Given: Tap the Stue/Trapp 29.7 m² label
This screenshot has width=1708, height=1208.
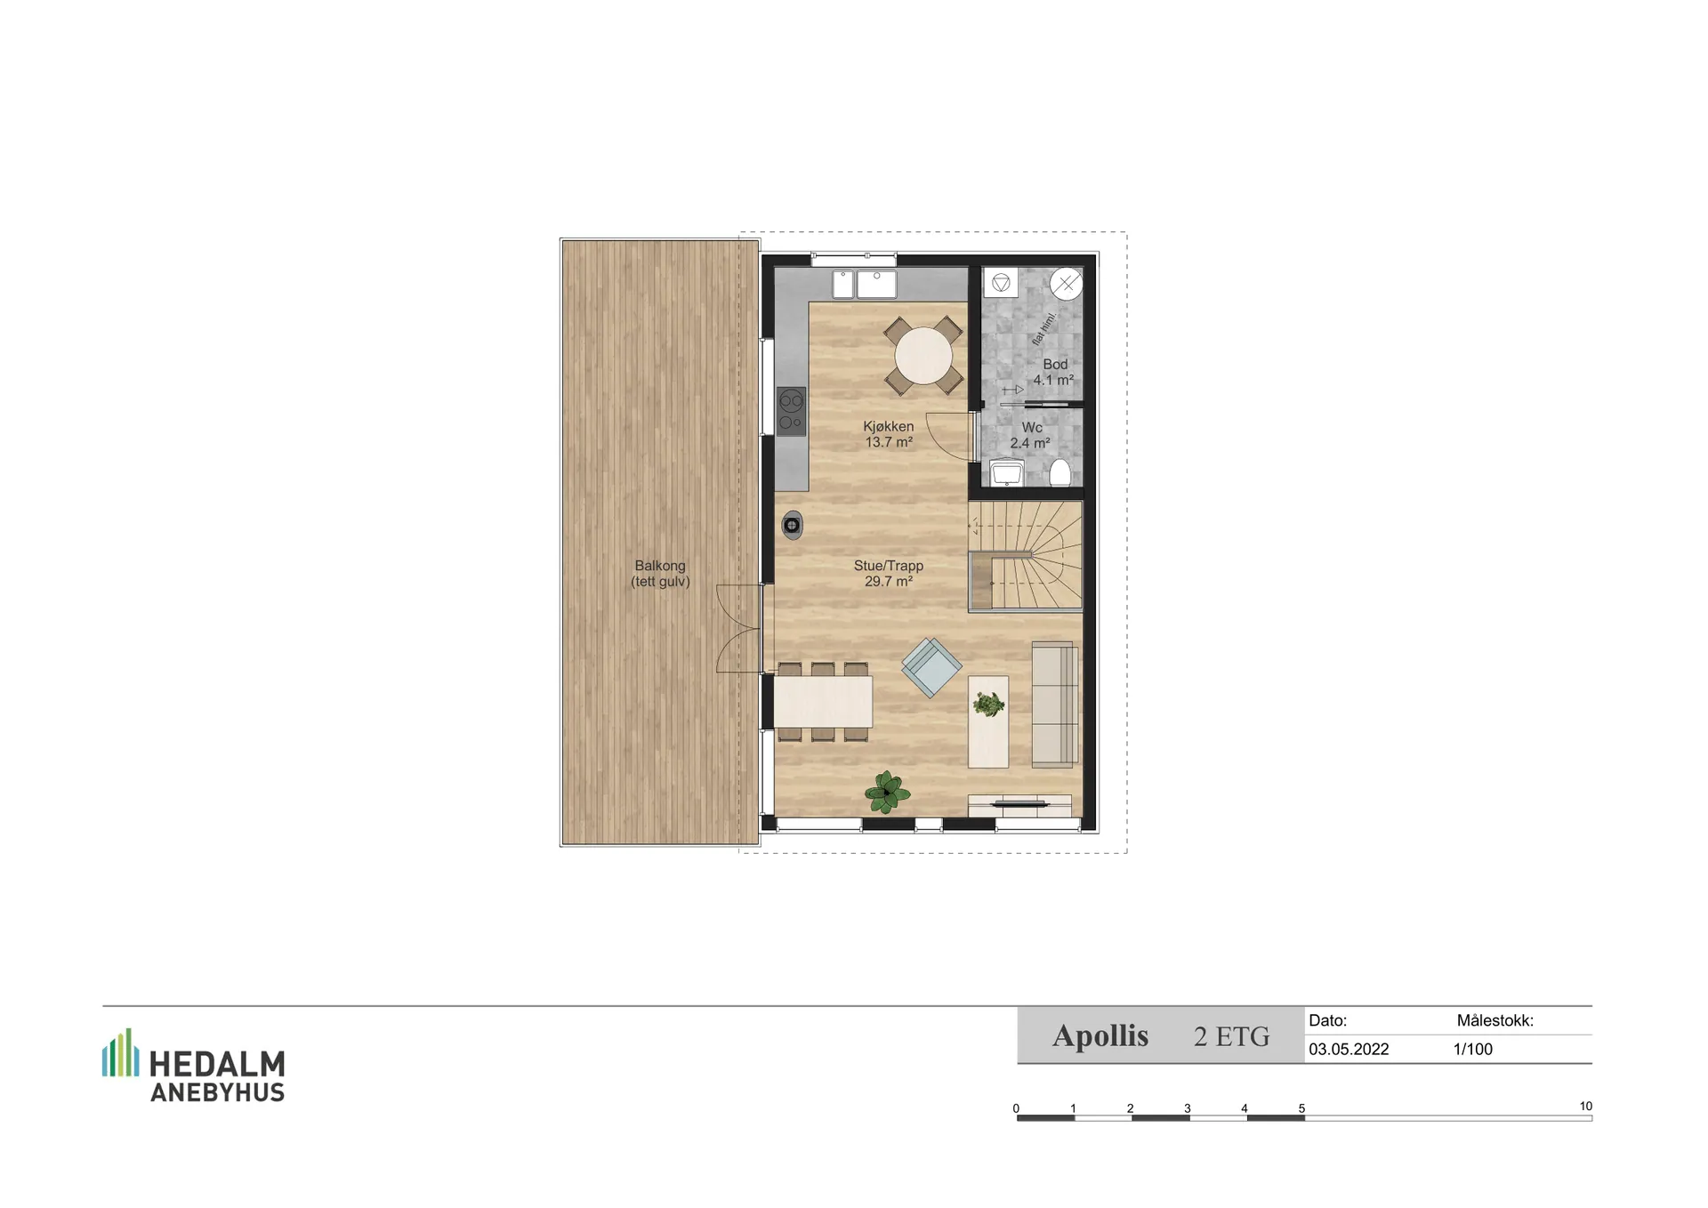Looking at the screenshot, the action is [888, 574].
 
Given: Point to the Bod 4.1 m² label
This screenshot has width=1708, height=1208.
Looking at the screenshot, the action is [1053, 372].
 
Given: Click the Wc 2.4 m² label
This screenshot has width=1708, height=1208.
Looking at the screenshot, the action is [1030, 435].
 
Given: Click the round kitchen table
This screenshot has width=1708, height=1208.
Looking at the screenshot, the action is [923, 356].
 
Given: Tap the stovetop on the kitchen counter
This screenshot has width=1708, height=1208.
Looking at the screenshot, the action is [791, 411].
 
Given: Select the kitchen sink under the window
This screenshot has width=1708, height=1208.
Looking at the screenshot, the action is [864, 285].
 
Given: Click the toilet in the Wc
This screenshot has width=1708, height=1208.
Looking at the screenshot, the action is [1059, 472].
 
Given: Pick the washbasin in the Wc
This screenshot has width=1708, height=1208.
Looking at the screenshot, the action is [1006, 472].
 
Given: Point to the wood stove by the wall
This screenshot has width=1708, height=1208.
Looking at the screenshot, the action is [792, 525].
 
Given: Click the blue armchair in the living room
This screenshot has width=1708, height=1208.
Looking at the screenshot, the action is [931, 667].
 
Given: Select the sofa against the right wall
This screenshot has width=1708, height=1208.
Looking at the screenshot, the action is [1055, 704].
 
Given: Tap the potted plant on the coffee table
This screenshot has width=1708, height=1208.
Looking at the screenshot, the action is [988, 705].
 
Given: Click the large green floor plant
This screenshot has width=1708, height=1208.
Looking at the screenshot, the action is [886, 791].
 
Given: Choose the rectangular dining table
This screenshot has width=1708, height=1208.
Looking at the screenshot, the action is [823, 702].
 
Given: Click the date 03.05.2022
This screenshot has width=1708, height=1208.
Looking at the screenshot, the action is [1349, 1050].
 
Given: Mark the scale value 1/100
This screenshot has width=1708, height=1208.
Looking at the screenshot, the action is [1473, 1050].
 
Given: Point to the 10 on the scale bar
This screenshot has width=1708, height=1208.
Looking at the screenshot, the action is [1585, 1107].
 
